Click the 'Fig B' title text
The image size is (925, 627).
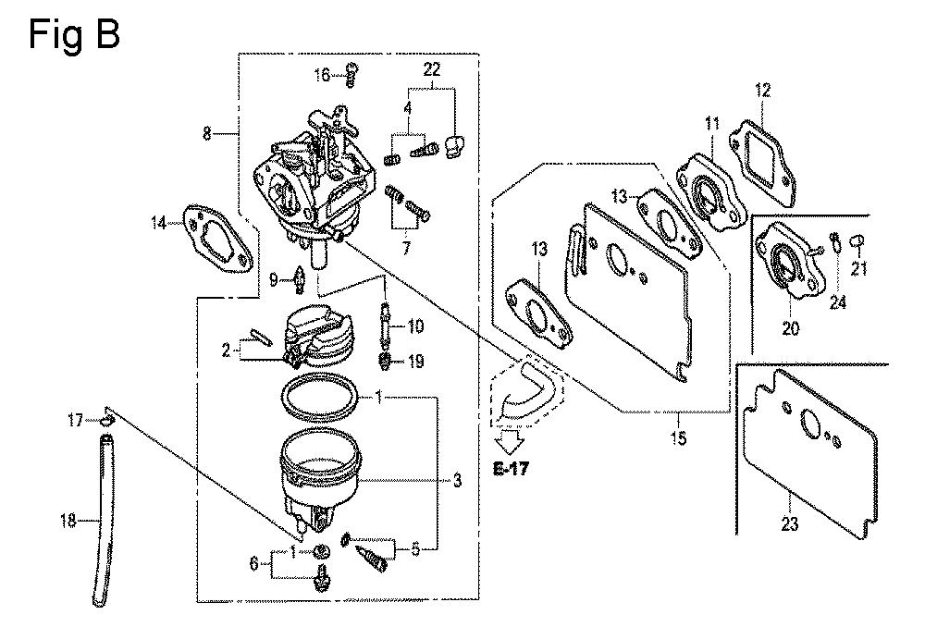coord(74,36)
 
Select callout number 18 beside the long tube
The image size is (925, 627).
coord(68,522)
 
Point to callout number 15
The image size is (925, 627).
coord(680,437)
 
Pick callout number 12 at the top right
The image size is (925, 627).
coord(762,91)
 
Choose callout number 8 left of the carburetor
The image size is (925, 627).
coord(207,135)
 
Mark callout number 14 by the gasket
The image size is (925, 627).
coord(159,221)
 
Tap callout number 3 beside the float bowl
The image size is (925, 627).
coord(457,480)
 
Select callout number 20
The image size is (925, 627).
coord(789,327)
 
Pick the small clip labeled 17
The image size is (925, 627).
coord(107,422)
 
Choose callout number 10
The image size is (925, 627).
coord(415,326)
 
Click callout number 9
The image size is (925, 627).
coord(274,278)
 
